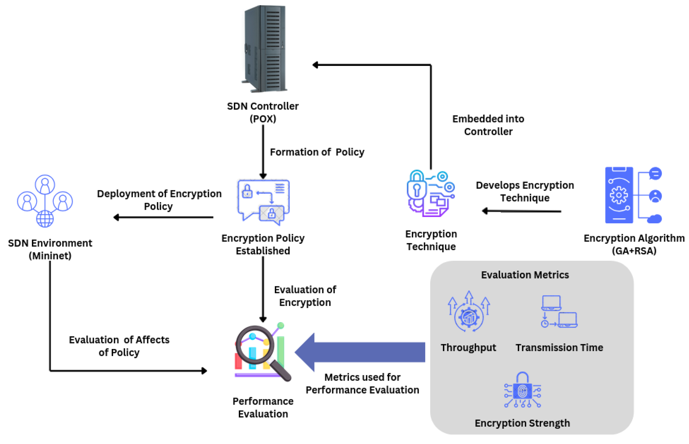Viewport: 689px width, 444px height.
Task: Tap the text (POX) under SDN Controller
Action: coord(263,119)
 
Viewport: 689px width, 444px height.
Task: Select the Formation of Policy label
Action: coord(317,152)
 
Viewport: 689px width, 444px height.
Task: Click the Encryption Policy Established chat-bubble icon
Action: coord(263,202)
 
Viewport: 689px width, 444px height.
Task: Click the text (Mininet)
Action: coord(50,256)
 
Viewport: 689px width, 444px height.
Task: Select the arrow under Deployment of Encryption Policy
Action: coord(163,217)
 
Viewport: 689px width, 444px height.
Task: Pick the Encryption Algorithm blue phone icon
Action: coord(619,195)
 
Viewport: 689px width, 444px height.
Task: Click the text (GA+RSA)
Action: coord(634,251)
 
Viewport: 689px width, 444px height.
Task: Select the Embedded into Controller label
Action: coord(488,125)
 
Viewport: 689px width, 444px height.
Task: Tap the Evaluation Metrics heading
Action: coord(525,275)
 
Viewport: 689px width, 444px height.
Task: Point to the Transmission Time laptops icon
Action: coord(559,312)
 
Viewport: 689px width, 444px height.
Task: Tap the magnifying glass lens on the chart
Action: coord(255,344)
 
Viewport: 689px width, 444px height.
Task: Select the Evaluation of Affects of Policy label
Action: coord(119,346)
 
